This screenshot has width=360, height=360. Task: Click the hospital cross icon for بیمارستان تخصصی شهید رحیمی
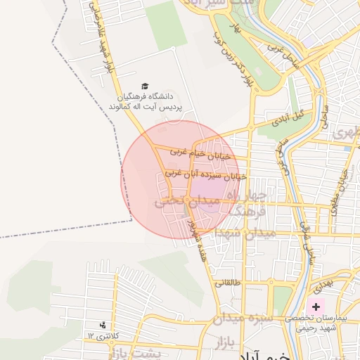(316, 307)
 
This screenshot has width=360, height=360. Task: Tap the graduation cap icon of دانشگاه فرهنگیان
(145, 85)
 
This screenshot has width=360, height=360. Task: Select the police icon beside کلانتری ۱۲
(103, 325)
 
